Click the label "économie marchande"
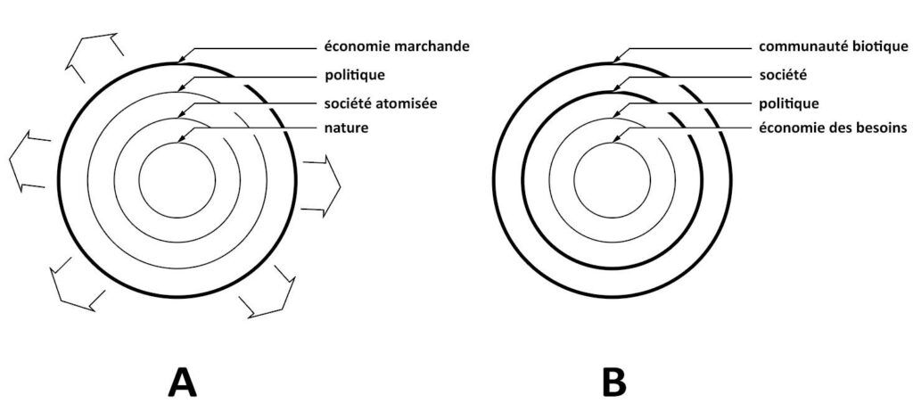pyautogui.click(x=397, y=46)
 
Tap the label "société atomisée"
pyautogui.click(x=382, y=103)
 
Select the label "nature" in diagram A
pyautogui.click(x=347, y=128)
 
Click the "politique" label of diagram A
pyautogui.click(x=355, y=76)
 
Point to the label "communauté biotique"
pyautogui.click(x=834, y=46)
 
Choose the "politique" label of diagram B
pyautogui.click(x=789, y=103)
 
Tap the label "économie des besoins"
pyautogui.click(x=833, y=128)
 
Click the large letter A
pyautogui.click(x=183, y=383)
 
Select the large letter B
pyautogui.click(x=613, y=383)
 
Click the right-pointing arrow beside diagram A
pyautogui.click(x=321, y=185)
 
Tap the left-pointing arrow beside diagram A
pyautogui.click(x=29, y=161)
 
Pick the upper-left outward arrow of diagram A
pyautogui.click(x=95, y=58)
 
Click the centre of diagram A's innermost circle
pyautogui.click(x=177, y=179)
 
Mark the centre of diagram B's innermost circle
pyautogui.click(x=612, y=180)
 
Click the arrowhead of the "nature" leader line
pyautogui.click(x=180, y=140)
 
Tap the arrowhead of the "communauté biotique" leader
pyautogui.click(x=616, y=59)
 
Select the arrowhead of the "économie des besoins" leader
pyautogui.click(x=615, y=140)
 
